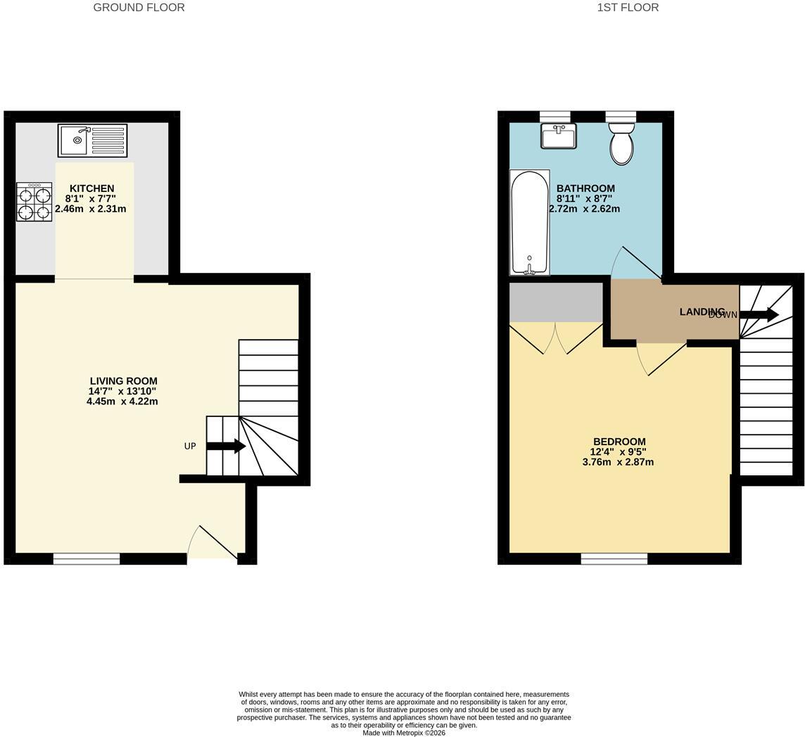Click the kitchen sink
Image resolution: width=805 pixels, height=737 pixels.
[92, 140]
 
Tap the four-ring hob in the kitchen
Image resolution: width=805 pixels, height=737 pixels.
[34, 203]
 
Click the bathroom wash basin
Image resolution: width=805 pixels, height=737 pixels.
[558, 136]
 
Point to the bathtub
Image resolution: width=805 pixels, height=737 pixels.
[530, 222]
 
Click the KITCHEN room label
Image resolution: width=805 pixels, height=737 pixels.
[92, 188]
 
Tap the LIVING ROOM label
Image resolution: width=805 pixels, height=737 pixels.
[124, 381]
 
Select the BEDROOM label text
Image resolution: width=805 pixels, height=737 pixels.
[619, 442]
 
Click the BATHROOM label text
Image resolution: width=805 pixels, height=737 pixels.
[585, 188]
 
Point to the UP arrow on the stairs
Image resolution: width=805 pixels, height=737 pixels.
[226, 446]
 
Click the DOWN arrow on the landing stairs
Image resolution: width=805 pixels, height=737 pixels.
[759, 314]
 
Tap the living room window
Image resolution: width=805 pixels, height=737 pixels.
[87, 559]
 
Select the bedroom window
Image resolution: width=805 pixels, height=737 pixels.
[614, 559]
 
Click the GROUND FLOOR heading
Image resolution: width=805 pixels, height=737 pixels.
[139, 7]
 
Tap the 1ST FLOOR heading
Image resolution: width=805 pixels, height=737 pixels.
[628, 7]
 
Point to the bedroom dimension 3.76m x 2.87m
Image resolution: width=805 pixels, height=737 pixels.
[618, 462]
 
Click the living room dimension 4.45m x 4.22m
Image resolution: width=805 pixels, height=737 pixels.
[122, 402]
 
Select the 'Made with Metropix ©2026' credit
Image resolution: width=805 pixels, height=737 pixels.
[404, 733]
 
